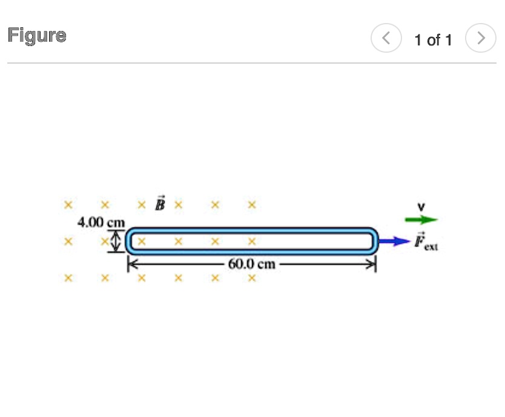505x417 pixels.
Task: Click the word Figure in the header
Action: tap(37, 35)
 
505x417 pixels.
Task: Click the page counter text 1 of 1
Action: tap(433, 40)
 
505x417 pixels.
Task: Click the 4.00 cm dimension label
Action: tap(100, 222)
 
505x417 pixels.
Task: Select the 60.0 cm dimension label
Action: tap(252, 264)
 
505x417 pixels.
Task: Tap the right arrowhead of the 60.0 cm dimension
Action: tap(372, 264)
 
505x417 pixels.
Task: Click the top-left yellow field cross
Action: tap(69, 204)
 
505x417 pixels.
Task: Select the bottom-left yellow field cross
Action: tap(69, 278)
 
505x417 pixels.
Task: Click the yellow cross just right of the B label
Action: tap(178, 204)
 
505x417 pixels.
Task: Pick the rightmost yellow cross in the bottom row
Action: tap(252, 278)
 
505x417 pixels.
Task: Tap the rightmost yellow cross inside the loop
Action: tap(252, 241)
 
